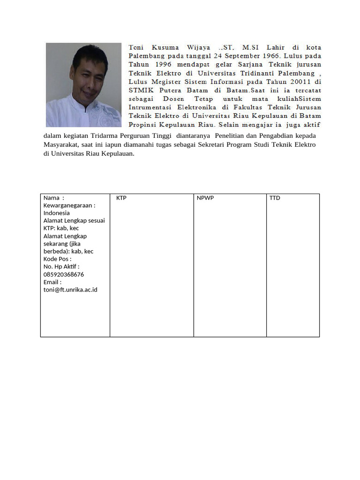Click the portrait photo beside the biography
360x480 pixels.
click(83, 85)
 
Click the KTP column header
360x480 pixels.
click(121, 198)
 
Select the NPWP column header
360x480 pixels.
click(205, 198)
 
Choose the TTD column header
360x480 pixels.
click(275, 198)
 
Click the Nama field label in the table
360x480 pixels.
click(52, 198)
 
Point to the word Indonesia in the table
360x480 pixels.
click(57, 213)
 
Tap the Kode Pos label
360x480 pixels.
click(57, 259)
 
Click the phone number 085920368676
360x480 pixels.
click(64, 274)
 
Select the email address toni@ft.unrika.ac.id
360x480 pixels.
click(70, 290)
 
